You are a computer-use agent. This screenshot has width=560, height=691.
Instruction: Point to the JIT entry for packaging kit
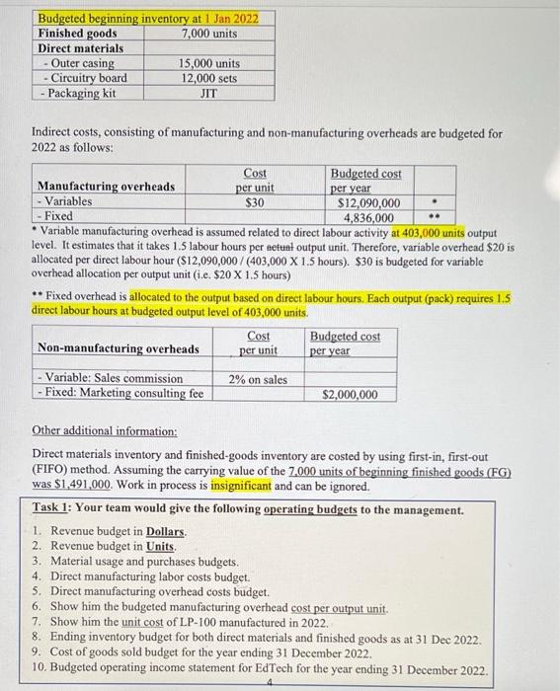tap(208, 94)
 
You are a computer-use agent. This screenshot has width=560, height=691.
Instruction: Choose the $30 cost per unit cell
tap(255, 202)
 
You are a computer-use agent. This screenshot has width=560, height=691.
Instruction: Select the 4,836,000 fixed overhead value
tap(368, 218)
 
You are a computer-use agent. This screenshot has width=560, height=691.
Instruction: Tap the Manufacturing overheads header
tap(106, 187)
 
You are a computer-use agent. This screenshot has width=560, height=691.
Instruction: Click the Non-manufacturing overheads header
tap(118, 348)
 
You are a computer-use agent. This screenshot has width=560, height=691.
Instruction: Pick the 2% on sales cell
tap(258, 379)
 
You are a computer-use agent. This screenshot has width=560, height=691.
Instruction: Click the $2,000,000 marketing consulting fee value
tap(350, 395)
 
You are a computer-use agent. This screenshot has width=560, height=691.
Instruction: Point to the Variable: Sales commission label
tap(110, 379)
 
